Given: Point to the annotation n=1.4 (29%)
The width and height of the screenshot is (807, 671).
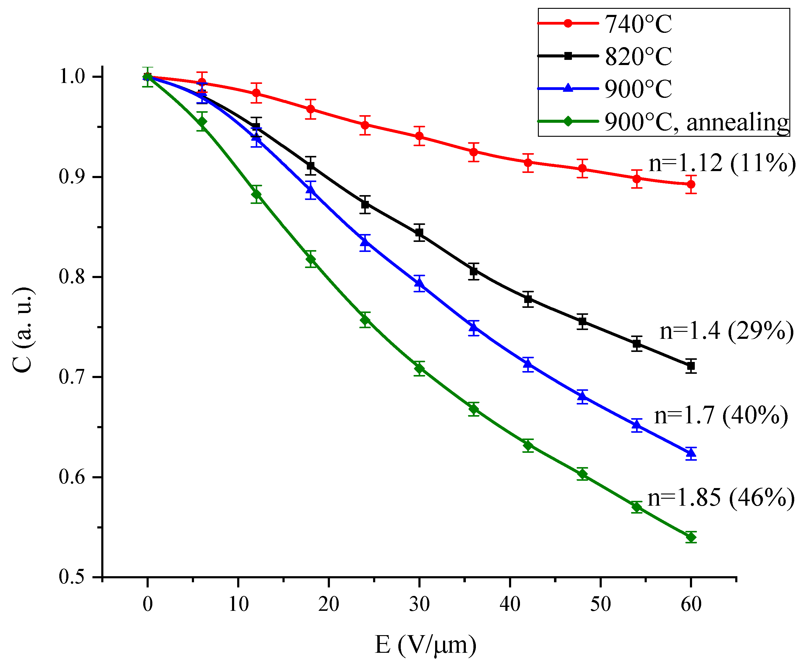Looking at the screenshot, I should tap(726, 331).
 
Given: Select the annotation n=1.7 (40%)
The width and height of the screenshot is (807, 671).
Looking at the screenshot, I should tap(721, 416).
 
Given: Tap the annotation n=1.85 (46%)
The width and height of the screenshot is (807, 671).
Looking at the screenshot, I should tap(721, 498).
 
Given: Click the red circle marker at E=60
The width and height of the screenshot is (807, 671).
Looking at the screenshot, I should tap(691, 184).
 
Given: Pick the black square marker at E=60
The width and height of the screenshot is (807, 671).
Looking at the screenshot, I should tap(691, 366).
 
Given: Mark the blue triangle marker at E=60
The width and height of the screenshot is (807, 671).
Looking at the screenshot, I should tap(691, 453).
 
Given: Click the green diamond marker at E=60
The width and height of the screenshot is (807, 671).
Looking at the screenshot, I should tap(691, 537).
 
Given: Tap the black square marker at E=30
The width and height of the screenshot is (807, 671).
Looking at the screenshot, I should tap(419, 233).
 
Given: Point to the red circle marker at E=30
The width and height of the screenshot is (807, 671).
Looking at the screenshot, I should tap(419, 136).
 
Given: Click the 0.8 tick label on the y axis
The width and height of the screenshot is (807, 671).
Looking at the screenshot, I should tap(71, 277).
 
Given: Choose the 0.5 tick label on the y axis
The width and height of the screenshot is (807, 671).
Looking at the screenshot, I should tap(71, 577).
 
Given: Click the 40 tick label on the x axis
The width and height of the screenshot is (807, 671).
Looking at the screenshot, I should tap(510, 604).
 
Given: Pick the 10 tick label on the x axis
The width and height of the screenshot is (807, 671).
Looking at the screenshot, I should tap(238, 604).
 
